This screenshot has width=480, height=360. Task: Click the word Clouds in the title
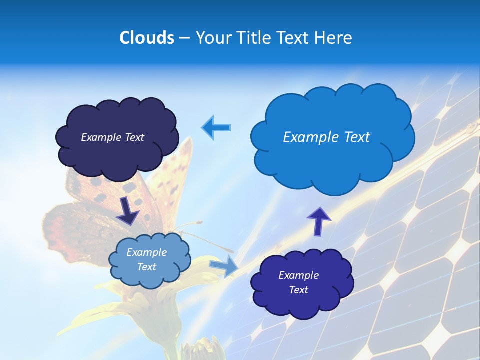point(146,38)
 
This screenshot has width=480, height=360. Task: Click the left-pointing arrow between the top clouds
point(216,127)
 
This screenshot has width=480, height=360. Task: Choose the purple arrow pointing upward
point(318,221)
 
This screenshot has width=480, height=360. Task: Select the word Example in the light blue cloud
point(147,252)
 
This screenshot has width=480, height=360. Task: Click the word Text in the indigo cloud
point(298,290)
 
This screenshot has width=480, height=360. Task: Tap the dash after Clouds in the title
point(184,38)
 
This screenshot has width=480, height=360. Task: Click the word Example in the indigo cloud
point(298,275)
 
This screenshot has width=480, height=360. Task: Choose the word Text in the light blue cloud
point(147,267)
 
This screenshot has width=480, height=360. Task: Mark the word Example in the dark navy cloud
point(101,137)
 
